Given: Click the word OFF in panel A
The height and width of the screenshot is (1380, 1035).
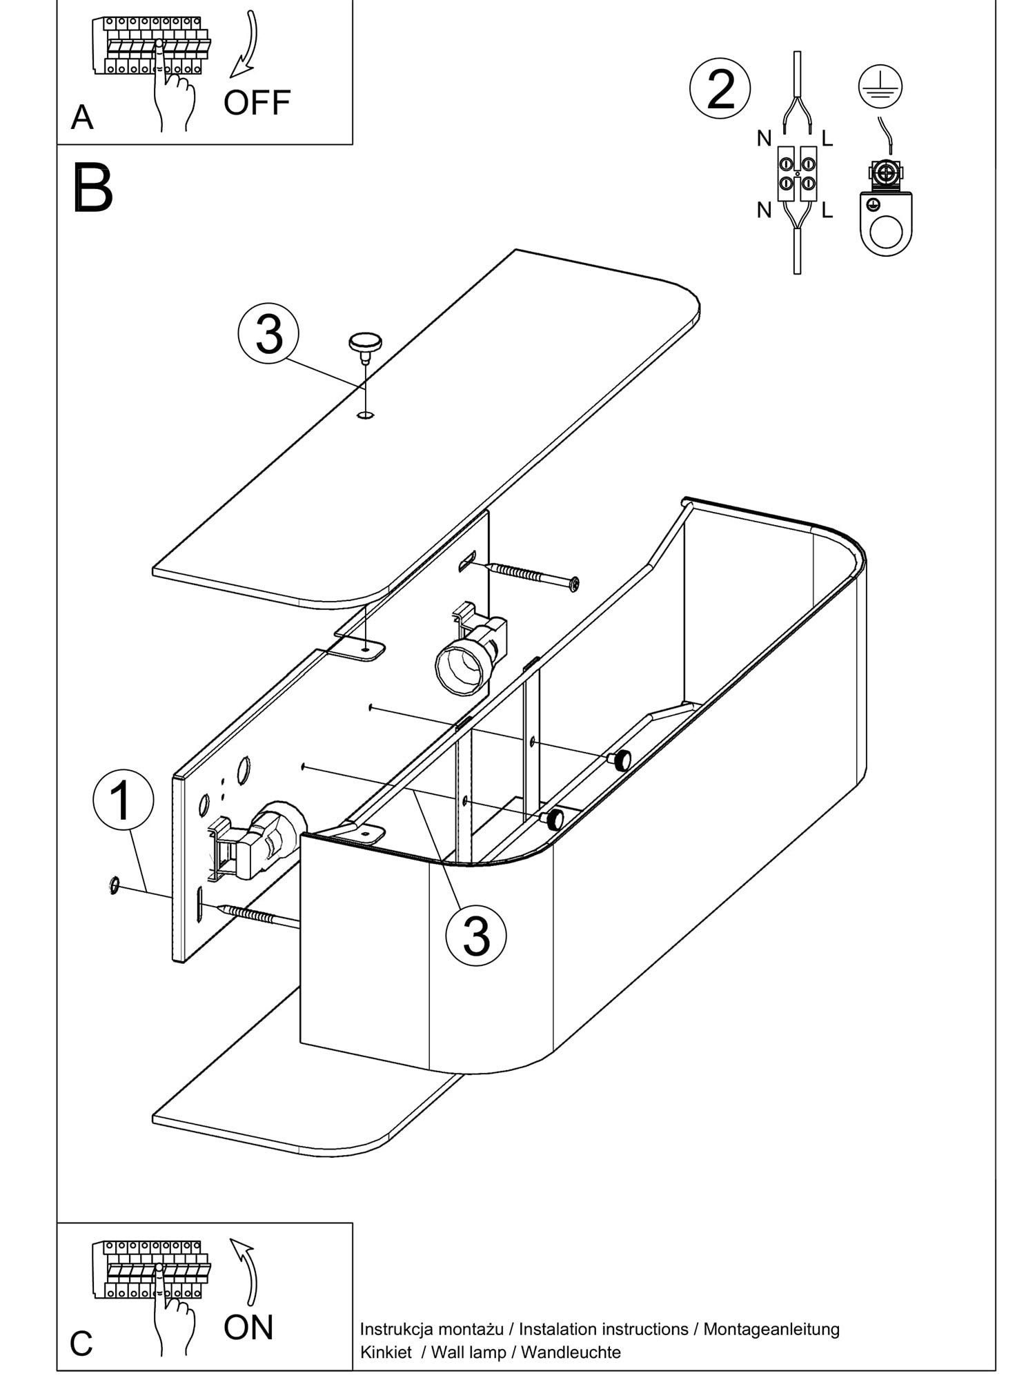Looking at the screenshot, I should [257, 103].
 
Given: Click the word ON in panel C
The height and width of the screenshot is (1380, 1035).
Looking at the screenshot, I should [248, 1327].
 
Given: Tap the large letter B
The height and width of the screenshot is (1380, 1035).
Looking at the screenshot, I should [92, 188].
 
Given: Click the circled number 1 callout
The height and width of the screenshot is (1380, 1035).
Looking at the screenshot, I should [123, 800].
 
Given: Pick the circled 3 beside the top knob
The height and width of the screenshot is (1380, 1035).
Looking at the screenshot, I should [268, 334].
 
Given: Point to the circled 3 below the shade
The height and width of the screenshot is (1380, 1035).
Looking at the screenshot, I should [475, 936].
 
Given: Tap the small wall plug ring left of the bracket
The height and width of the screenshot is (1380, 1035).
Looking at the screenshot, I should [114, 885].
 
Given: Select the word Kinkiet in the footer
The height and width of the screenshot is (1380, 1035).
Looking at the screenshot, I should [386, 1352].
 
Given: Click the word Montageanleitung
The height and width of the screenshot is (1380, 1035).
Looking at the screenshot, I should [771, 1328].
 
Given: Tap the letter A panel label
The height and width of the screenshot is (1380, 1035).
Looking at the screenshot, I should [81, 118].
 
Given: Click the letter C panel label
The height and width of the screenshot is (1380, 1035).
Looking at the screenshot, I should [81, 1343].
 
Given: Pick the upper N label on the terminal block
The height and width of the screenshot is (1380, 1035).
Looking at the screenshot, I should [764, 139].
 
